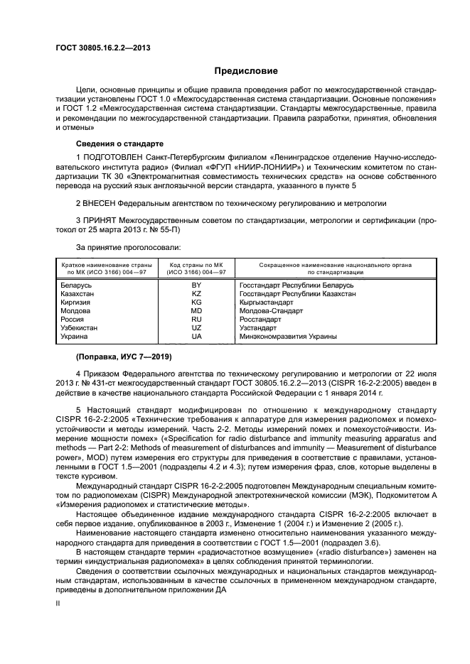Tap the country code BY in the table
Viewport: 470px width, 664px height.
pyautogui.click(x=196, y=285)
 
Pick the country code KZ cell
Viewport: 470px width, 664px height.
pyautogui.click(x=196, y=293)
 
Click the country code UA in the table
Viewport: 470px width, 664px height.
pyautogui.click(x=196, y=337)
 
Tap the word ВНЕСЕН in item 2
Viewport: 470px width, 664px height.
pyautogui.click(x=102, y=202)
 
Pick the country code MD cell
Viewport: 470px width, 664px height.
pyautogui.click(x=196, y=311)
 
